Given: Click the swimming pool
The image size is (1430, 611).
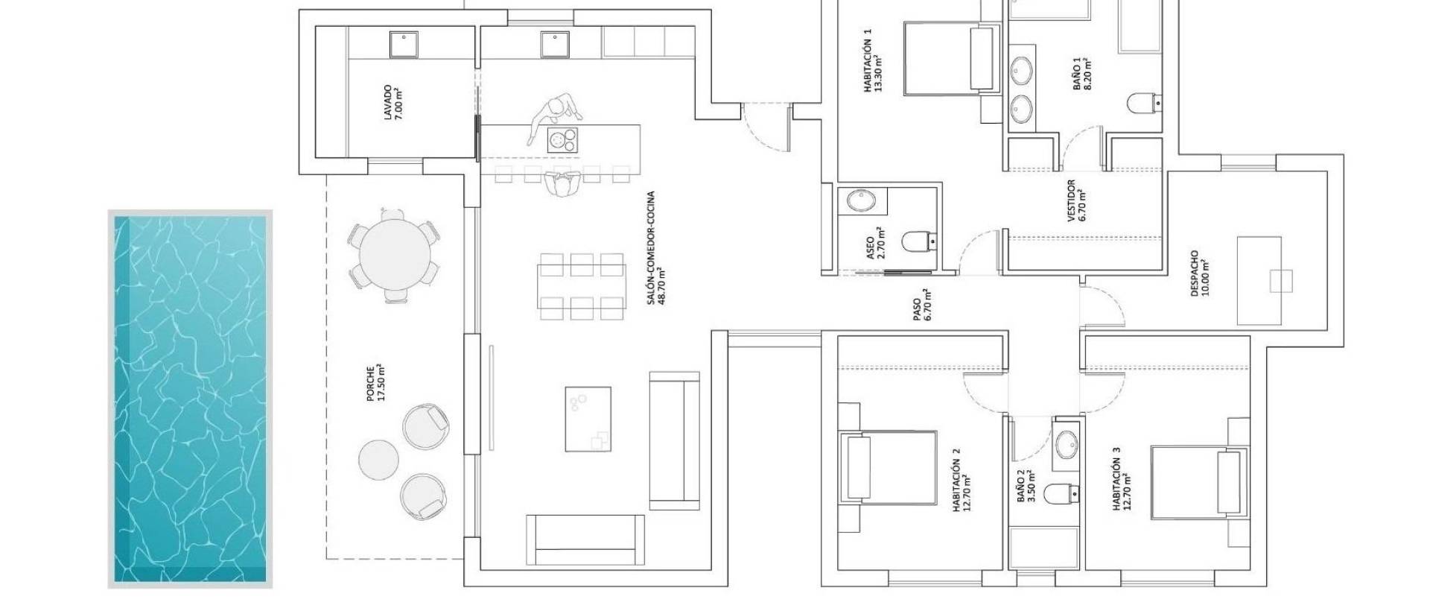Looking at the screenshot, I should point(190,399).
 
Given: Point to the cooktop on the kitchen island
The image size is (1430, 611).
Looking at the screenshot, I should point(563,140).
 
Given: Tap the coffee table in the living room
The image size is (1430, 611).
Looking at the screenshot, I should point(588,418).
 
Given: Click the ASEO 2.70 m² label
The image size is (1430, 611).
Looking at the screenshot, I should point(875,242).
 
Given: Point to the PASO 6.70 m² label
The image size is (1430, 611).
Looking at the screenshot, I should point(922,305).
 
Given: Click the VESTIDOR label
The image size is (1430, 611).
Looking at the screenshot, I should point(1076,200).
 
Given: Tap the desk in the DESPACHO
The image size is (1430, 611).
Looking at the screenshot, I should point(1259,281).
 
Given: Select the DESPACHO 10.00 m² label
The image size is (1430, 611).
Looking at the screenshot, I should point(1199,273).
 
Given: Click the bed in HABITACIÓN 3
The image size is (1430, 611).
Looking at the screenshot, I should point(1199,482).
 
